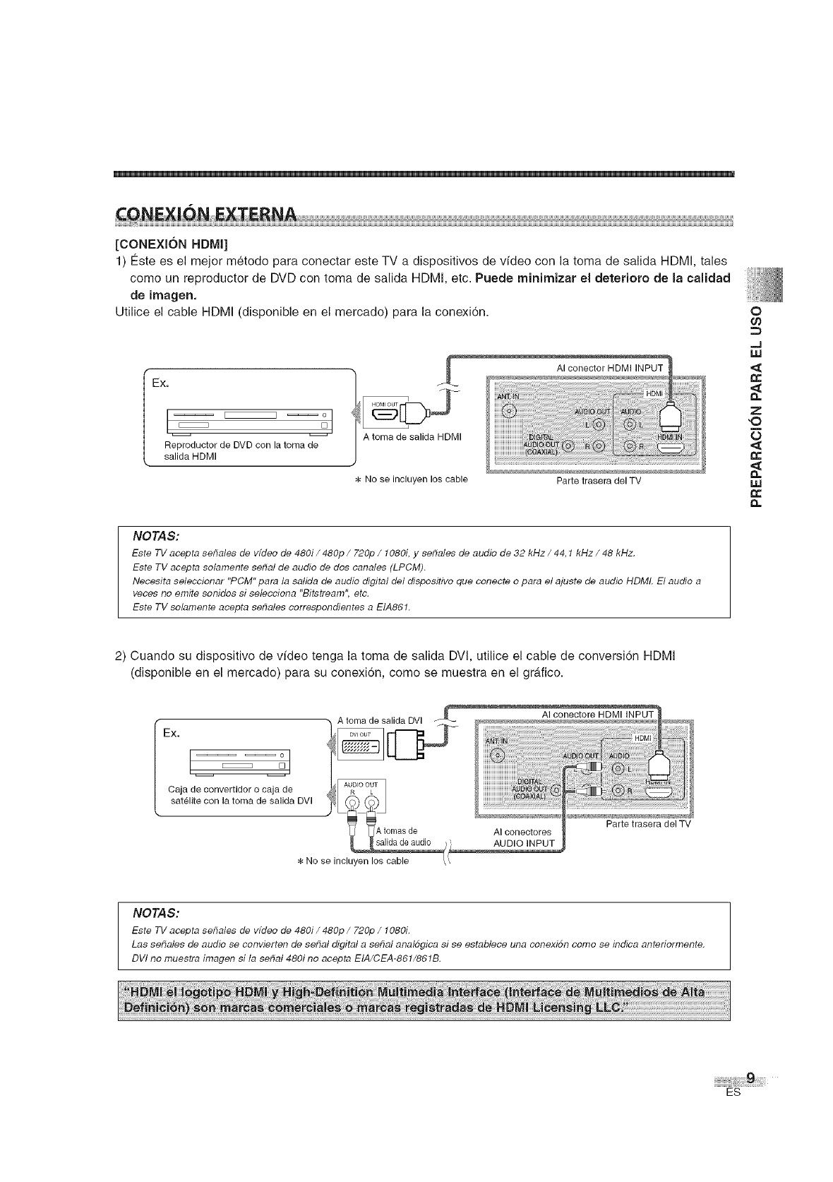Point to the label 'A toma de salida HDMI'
pyautogui.click(x=412, y=437)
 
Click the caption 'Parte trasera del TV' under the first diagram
pyautogui.click(x=599, y=482)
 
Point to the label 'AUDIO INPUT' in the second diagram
pyautogui.click(x=524, y=844)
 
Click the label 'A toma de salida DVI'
pyautogui.click(x=380, y=720)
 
